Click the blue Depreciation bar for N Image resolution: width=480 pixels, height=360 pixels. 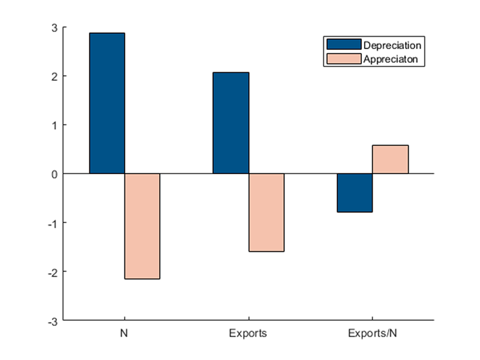(x=107, y=103)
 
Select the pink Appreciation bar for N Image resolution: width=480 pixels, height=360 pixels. (x=142, y=226)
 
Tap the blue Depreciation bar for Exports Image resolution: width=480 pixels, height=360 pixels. (x=231, y=123)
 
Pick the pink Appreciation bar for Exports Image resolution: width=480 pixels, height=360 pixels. (x=266, y=212)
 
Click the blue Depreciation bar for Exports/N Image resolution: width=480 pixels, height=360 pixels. (x=355, y=192)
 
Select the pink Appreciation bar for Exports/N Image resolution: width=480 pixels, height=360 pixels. (x=390, y=159)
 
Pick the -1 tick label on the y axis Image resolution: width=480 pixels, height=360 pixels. (x=53, y=223)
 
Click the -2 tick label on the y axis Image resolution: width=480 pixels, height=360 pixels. (x=53, y=272)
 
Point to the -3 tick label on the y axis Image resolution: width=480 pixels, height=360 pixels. (x=53, y=321)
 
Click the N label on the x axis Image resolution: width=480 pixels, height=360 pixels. (x=125, y=333)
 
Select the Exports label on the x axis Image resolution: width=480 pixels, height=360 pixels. (x=248, y=333)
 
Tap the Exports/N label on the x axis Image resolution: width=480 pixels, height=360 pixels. (x=372, y=333)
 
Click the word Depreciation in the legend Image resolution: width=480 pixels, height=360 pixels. (x=393, y=46)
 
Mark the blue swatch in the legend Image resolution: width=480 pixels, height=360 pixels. (x=343, y=45)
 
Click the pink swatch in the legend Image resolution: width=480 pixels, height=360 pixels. (x=343, y=59)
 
